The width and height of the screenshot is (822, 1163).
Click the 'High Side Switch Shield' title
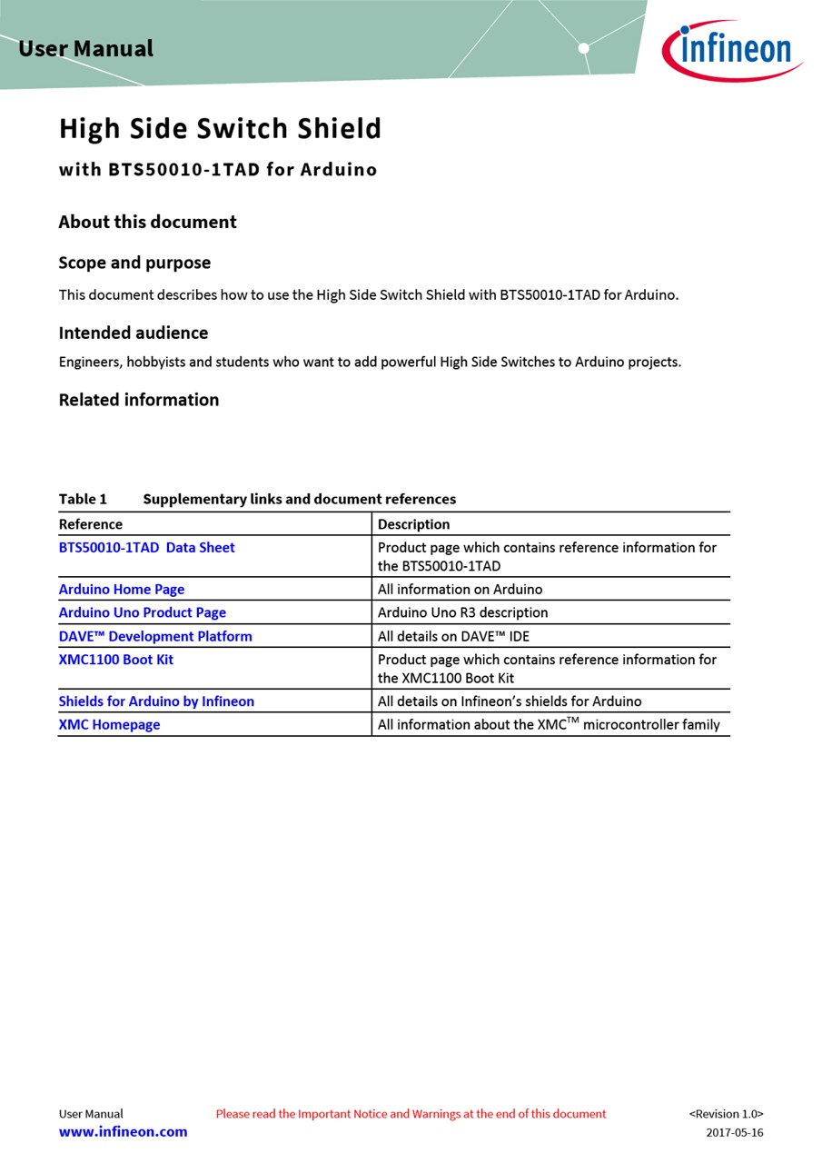point(220,129)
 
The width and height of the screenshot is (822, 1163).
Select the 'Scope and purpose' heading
point(134,263)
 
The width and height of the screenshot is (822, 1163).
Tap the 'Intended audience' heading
point(134,333)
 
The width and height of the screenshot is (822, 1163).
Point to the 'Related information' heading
point(138,400)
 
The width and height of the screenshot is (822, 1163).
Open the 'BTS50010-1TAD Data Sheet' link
point(146,548)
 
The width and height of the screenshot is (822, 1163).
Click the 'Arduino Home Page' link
point(122,590)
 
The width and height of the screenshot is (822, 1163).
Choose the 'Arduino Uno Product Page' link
point(143,612)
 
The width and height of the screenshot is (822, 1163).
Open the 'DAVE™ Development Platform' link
point(155,636)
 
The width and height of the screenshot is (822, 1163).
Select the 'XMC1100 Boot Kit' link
point(116,660)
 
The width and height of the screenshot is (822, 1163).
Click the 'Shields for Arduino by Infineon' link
point(156,701)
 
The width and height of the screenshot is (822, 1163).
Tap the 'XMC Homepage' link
point(109,725)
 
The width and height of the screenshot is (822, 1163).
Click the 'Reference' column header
point(91,524)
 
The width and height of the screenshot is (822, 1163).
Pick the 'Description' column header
point(413,524)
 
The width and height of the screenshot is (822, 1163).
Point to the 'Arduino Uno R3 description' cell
point(462,612)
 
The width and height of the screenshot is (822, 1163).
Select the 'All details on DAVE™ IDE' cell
point(453,636)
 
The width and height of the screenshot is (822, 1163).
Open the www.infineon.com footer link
point(123,1132)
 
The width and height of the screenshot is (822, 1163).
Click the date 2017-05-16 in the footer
point(734,1133)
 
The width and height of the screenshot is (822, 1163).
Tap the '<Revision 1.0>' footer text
point(726,1114)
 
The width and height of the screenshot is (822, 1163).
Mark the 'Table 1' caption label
point(83,499)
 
